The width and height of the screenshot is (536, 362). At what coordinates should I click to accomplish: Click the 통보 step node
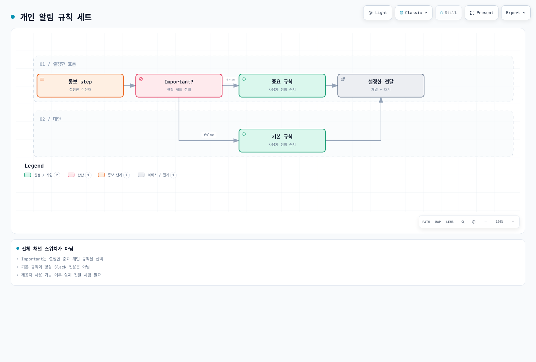coord(80,85)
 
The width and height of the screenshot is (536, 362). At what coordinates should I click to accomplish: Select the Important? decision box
coord(179,85)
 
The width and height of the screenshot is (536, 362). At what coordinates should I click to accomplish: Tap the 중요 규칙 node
coord(282,85)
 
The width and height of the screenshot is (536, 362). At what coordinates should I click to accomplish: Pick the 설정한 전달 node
coord(381,85)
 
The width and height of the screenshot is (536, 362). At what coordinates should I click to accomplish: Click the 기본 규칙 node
coord(282,140)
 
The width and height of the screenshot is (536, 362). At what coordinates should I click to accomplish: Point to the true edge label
coord(230,80)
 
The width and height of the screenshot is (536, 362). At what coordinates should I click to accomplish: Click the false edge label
coord(209,135)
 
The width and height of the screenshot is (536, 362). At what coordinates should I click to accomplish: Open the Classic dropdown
coord(413,13)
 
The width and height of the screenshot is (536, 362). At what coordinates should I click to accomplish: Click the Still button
coord(449,13)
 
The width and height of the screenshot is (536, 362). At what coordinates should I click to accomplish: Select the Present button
coord(481,13)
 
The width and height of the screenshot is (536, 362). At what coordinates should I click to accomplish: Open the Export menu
coord(516,13)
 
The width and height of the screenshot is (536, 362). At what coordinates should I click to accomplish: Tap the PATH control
coord(426,222)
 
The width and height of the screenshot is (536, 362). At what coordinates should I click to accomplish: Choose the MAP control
coord(438,222)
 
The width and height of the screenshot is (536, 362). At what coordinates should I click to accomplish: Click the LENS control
coord(450,222)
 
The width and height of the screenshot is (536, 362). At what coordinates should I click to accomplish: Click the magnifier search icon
coord(463,222)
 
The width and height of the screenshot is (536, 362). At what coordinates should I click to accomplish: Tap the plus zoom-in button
coord(513,222)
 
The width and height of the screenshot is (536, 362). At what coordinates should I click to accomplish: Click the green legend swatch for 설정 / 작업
coord(28,175)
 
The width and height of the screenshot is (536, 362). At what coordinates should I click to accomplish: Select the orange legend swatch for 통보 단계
coord(101,175)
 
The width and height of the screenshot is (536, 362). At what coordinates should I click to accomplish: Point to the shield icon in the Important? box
coord(141,79)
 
